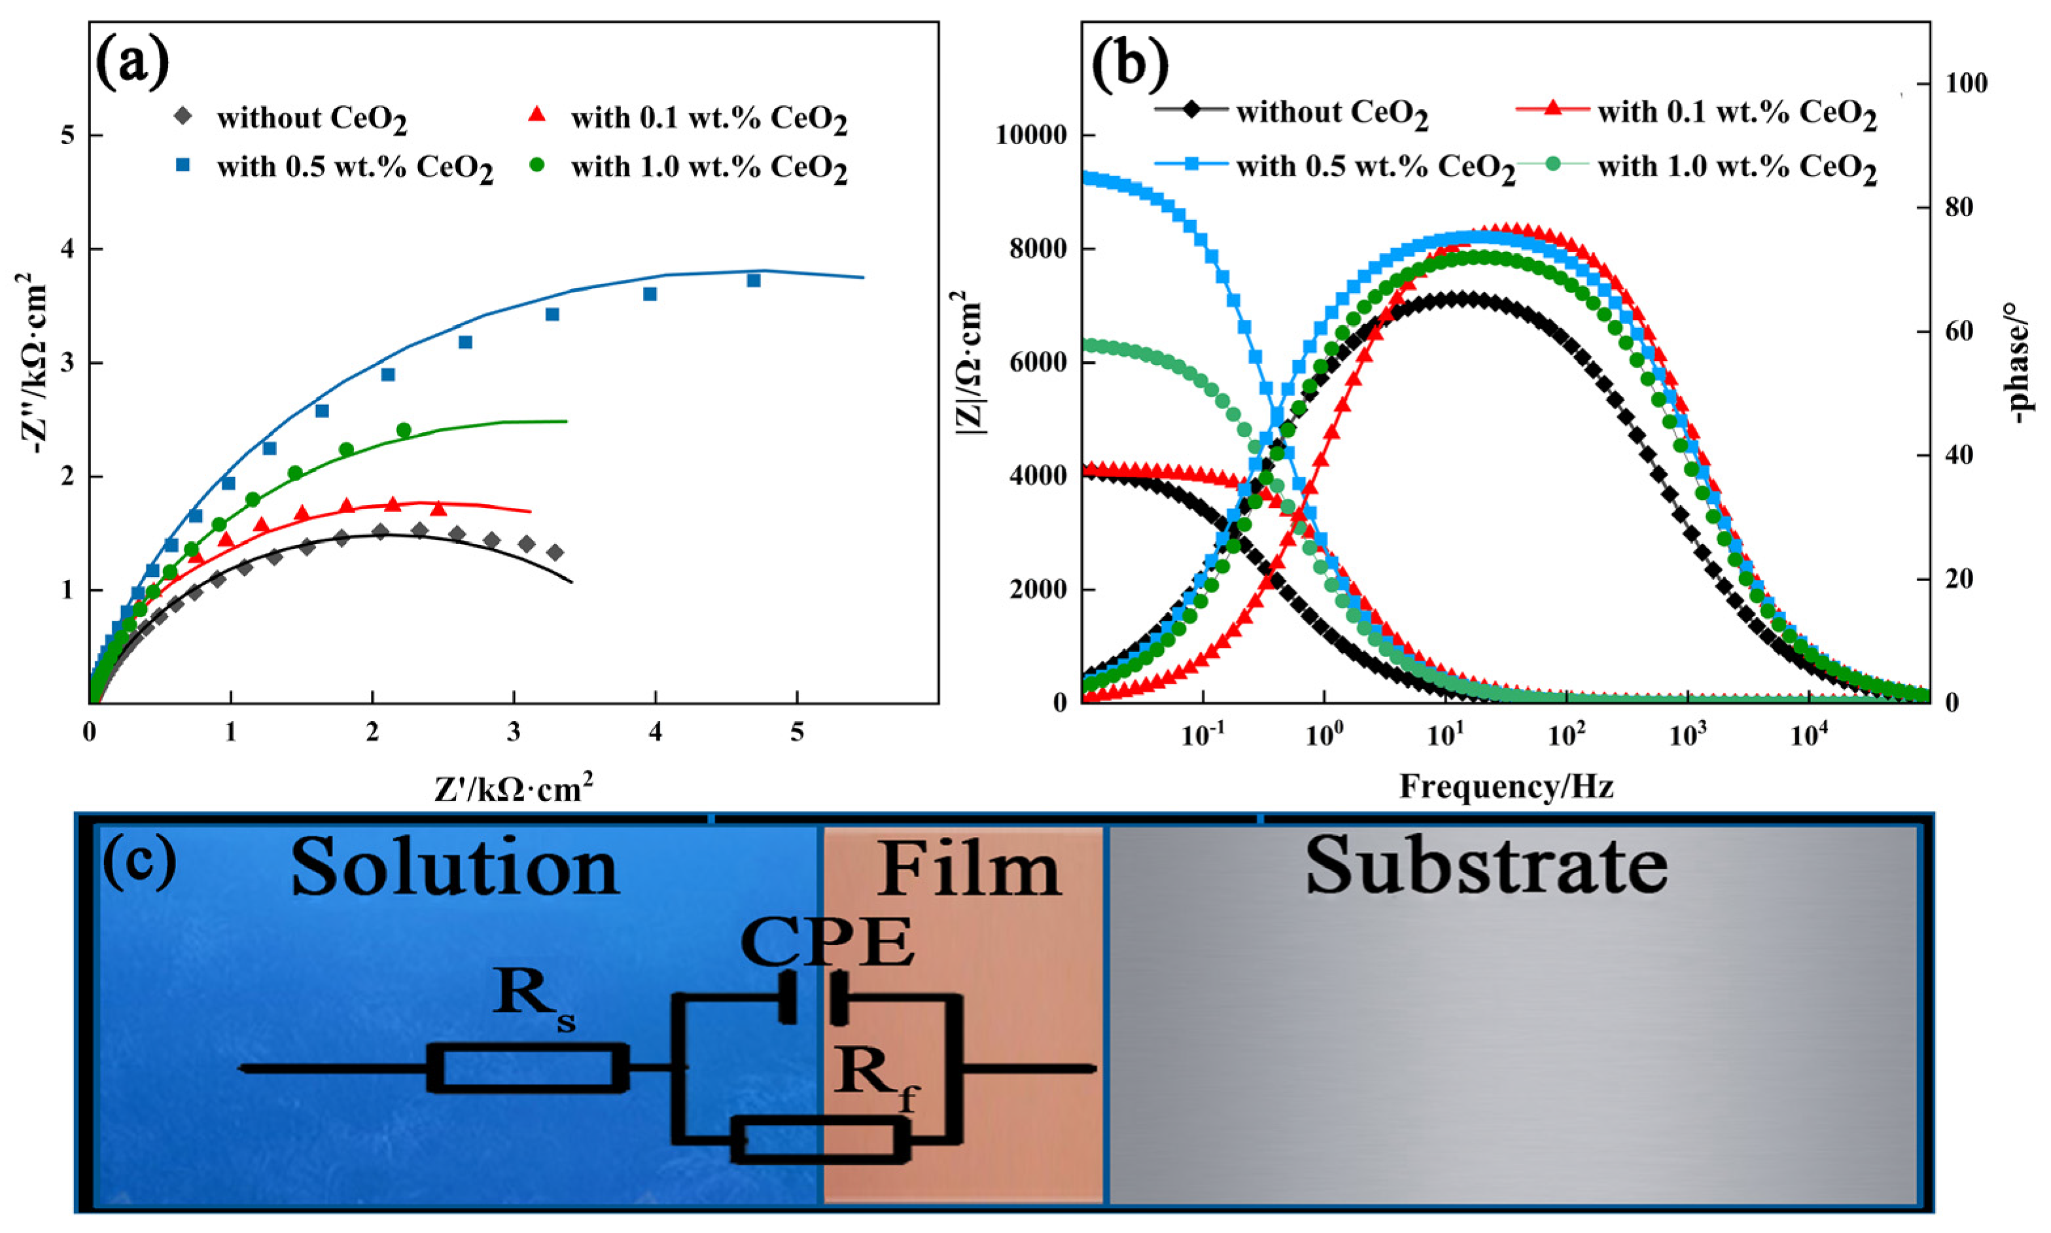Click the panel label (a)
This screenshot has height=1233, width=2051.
click(x=132, y=63)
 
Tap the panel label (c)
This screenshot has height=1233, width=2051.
click(x=139, y=863)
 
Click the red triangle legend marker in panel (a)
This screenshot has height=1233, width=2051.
click(x=537, y=115)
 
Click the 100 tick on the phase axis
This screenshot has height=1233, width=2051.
click(x=1964, y=83)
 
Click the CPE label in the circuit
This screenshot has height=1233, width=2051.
click(x=827, y=943)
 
